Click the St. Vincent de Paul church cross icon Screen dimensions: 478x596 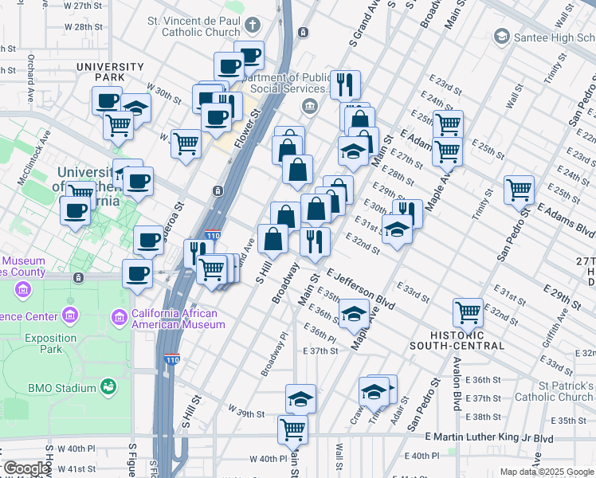(x=253, y=24)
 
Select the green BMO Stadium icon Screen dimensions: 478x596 (x=108, y=388)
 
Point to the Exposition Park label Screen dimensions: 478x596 (x=50, y=343)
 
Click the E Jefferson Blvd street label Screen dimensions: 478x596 (x=361, y=289)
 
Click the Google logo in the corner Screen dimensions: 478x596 (x=26, y=468)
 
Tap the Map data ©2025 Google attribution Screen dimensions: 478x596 (x=547, y=472)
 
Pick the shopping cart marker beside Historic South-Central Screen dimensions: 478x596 (x=468, y=312)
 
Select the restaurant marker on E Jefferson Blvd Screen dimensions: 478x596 (x=315, y=241)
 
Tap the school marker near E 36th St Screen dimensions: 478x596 (x=354, y=314)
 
